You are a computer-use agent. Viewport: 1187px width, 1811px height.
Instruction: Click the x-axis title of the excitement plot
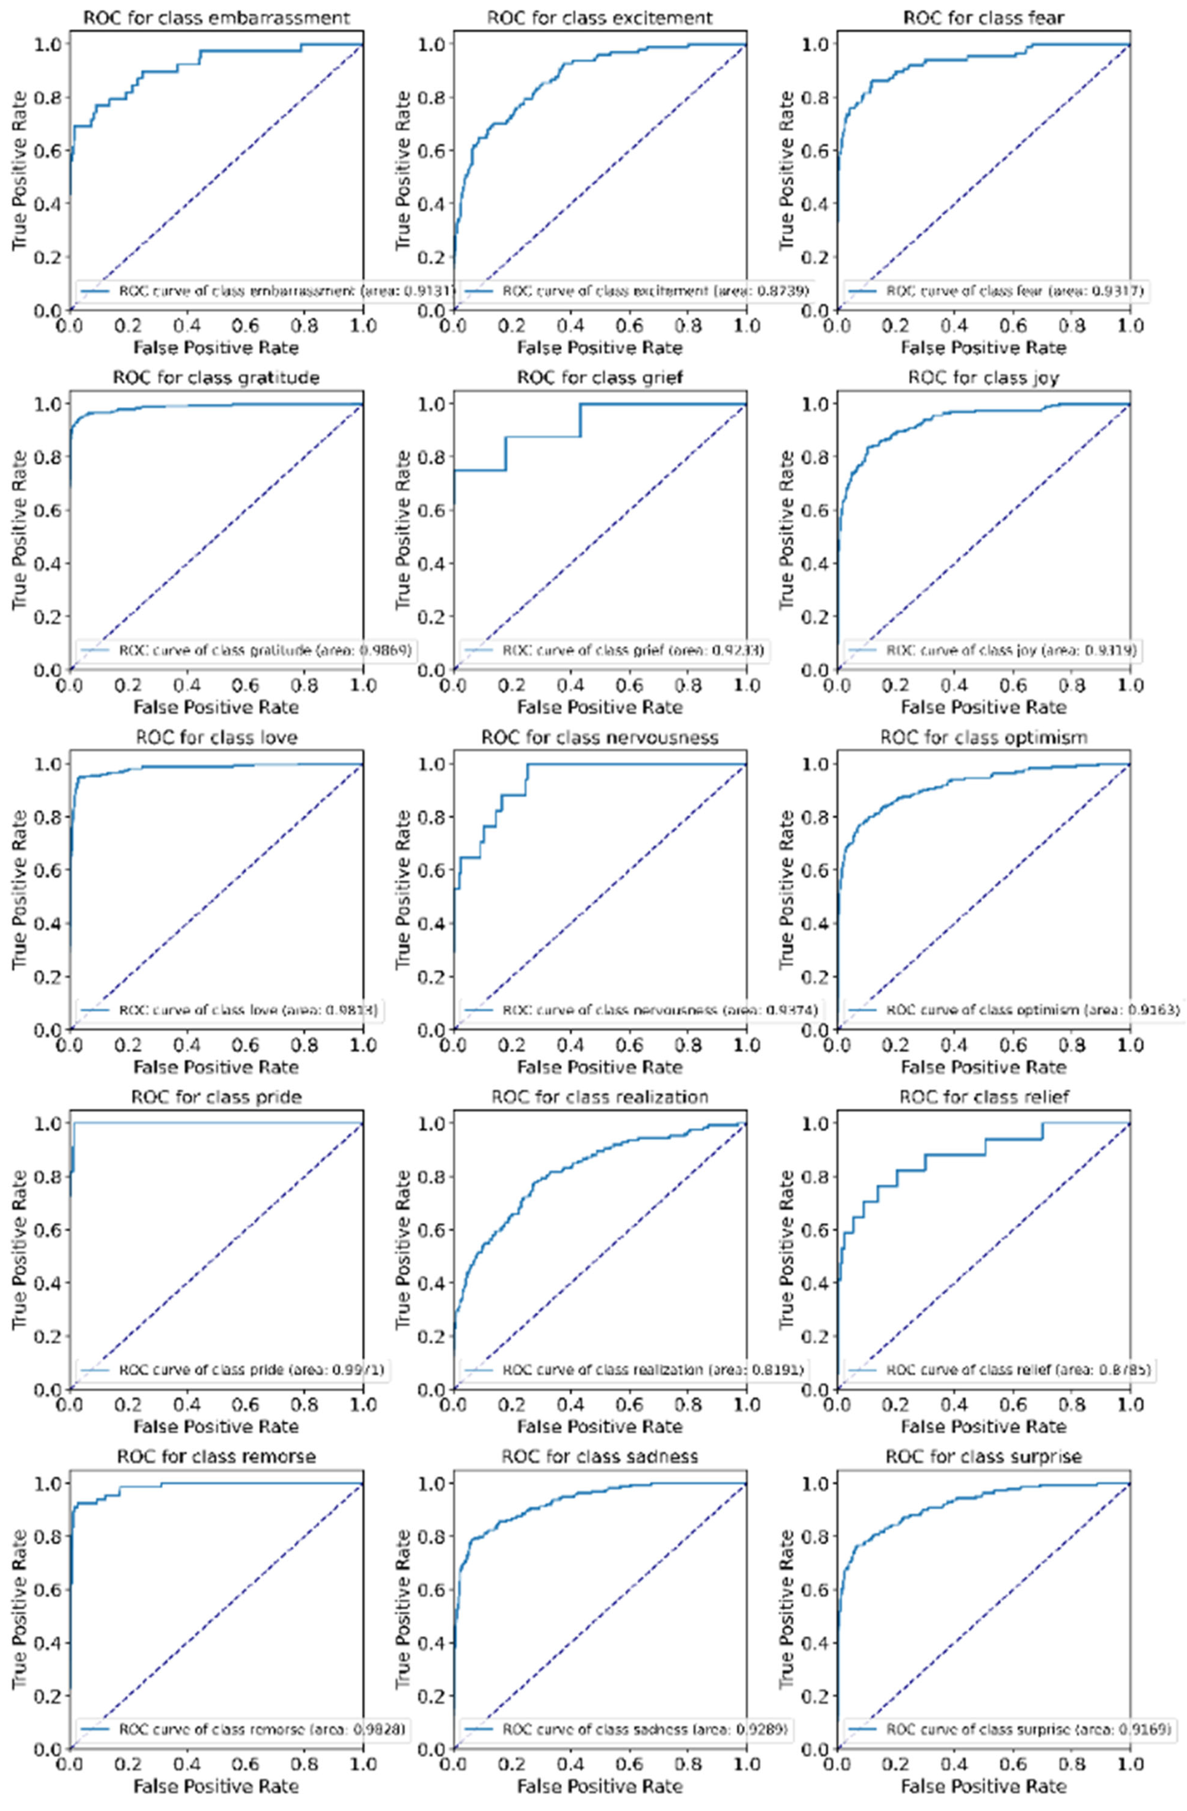[599, 348]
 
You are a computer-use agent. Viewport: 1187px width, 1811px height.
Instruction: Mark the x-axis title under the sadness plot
[599, 1785]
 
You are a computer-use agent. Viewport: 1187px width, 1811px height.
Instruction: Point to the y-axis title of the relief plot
[787, 1249]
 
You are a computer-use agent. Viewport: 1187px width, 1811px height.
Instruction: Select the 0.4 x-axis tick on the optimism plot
[954, 1045]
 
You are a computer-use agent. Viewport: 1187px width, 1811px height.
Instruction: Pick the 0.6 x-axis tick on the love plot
[245, 1045]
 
